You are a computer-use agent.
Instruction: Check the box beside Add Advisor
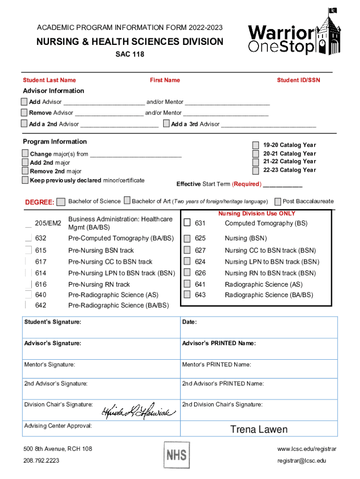24,102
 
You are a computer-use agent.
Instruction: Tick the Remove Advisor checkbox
24,113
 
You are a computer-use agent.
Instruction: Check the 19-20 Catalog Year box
255,145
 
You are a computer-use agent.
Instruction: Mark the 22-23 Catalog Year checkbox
255,170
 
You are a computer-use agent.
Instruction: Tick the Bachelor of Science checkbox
61,202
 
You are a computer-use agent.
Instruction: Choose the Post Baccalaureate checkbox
278,202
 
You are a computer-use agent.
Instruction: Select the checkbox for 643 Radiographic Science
187,295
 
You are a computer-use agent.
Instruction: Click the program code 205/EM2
48,224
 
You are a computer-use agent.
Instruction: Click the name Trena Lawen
259,429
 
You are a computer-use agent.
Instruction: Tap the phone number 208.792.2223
41,461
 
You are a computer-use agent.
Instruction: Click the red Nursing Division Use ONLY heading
257,213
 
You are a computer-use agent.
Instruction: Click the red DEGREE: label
39,202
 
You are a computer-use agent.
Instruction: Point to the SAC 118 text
130,54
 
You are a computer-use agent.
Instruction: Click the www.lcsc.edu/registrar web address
306,449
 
